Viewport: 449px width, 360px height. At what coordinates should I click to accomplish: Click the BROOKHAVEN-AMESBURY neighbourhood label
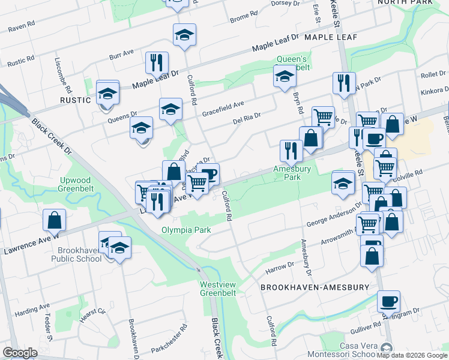tap(315, 287)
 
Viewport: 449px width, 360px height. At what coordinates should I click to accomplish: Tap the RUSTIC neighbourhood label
tap(75, 100)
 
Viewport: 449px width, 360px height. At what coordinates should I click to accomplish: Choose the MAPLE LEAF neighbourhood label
tap(331, 37)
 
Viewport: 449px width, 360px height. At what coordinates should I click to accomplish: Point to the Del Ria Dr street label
tap(247, 119)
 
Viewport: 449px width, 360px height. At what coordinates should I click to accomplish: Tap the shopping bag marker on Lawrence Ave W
tap(54, 220)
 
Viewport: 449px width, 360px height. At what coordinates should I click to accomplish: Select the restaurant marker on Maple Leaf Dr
tap(156, 62)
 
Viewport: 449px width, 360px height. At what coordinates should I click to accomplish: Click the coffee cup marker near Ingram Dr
tap(388, 301)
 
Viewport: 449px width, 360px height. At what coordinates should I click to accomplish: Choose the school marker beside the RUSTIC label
tap(107, 94)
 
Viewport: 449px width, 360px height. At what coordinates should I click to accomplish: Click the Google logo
tap(20, 353)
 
